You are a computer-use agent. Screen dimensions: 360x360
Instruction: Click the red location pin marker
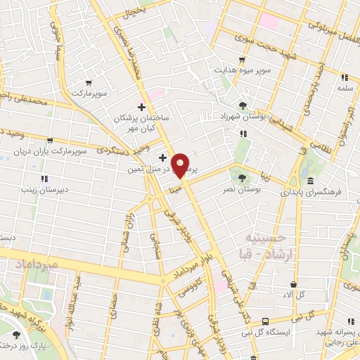click(181, 165)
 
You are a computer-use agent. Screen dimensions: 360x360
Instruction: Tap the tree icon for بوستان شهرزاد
click(243, 106)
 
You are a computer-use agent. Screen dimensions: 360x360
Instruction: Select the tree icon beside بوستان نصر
click(243, 178)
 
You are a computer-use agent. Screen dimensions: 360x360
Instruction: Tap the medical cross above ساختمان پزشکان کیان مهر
click(142, 108)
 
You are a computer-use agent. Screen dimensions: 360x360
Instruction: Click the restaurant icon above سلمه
click(345, 77)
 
